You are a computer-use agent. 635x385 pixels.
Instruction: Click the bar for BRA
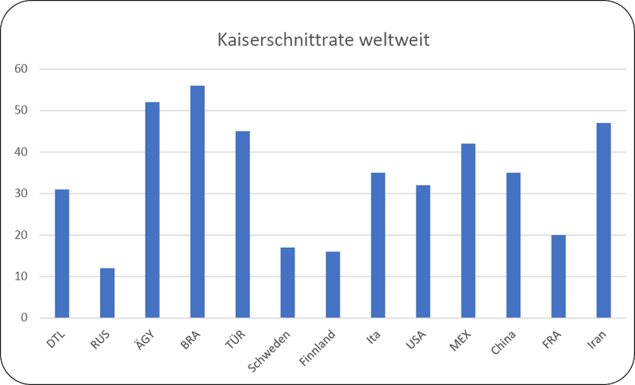[x=197, y=202]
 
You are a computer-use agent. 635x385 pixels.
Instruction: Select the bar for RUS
[x=107, y=293]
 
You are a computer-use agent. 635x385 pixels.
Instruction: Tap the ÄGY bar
[x=152, y=210]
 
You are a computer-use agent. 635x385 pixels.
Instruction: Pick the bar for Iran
[x=603, y=220]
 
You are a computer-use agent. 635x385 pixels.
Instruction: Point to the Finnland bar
[x=333, y=285]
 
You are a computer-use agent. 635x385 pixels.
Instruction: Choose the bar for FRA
[x=559, y=276]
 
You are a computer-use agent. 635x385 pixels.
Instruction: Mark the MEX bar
[x=468, y=231]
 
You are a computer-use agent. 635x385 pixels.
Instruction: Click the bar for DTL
[x=62, y=253]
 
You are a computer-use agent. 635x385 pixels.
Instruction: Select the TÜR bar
[x=243, y=225]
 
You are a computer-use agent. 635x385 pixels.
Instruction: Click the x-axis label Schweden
[x=269, y=352]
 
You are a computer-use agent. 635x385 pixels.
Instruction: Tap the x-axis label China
[x=503, y=342]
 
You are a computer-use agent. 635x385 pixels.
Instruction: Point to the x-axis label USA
[x=416, y=340]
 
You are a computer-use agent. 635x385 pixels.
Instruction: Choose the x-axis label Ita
[x=373, y=337]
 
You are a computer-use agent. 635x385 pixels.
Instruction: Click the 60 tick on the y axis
[x=21, y=69]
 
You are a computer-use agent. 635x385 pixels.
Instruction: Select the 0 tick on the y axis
[x=25, y=318]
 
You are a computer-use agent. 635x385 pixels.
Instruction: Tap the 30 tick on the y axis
[x=21, y=194]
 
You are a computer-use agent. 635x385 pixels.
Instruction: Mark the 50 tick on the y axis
[x=21, y=110]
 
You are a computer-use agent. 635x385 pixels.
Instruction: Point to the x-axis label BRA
[x=190, y=340]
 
